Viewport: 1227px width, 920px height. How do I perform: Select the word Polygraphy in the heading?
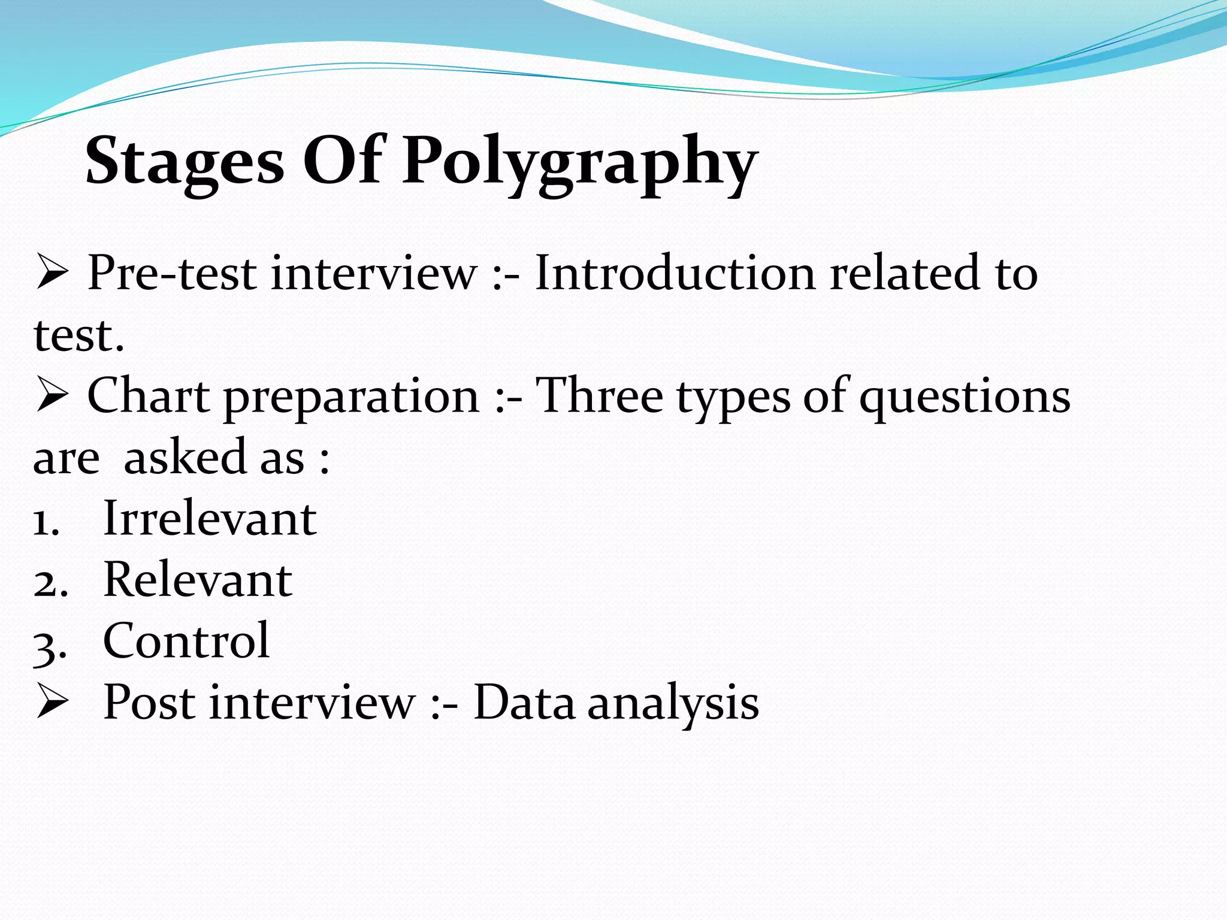coord(579,163)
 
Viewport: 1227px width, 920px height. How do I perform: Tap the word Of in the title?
coord(343,161)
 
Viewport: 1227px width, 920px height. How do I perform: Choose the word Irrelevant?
coord(210,518)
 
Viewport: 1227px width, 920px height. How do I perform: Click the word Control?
coord(186,640)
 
